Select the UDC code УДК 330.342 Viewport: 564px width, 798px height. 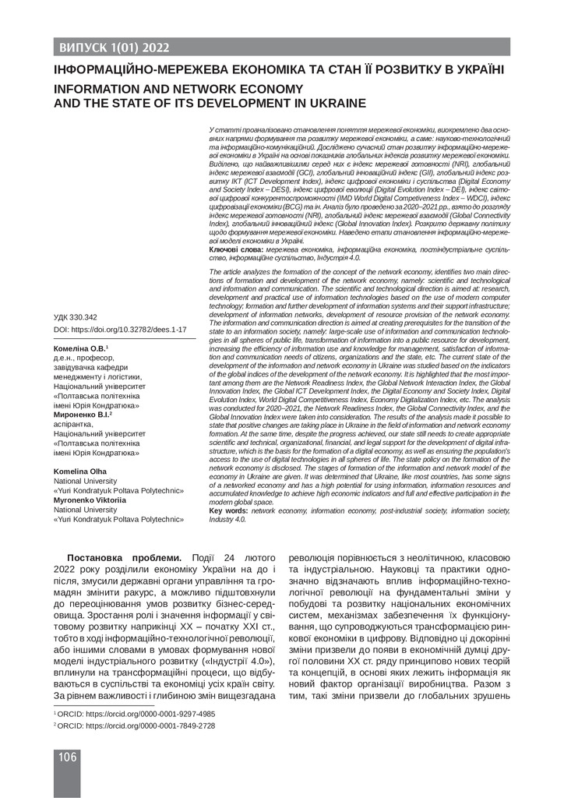tap(76, 317)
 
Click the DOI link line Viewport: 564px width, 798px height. tap(119, 330)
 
